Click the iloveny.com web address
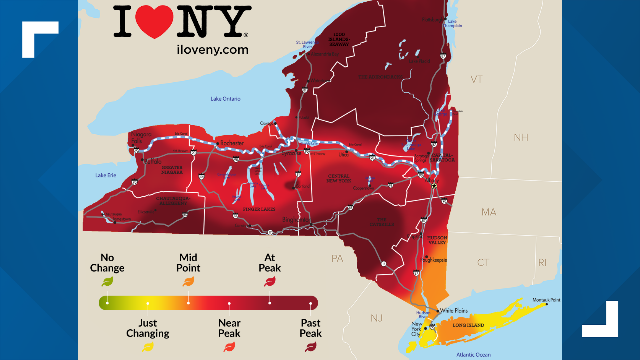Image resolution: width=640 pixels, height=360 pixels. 213,50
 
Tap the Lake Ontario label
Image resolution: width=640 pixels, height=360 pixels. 225,99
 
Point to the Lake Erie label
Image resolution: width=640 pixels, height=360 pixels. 106,175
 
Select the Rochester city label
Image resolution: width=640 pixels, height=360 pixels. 232,143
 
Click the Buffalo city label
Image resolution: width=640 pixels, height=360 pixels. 153,161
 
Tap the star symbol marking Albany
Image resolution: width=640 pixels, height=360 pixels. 434,186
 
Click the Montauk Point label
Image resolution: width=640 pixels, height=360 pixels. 546,300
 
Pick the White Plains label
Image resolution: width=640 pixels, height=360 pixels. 454,311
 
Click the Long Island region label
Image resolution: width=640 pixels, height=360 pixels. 468,325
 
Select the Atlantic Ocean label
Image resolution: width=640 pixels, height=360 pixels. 473,355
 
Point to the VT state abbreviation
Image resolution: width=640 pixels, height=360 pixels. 476,79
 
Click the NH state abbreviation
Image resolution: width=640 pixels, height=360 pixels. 521,137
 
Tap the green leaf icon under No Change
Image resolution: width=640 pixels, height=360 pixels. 107,282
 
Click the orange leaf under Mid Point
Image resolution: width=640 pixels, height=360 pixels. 188,282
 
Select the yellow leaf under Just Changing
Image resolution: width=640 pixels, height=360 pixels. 148,347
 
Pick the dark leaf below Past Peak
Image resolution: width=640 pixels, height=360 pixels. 311,347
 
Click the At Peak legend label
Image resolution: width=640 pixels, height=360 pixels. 270,263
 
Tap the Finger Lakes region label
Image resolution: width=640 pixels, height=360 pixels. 259,209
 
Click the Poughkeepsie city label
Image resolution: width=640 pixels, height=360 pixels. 434,260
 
